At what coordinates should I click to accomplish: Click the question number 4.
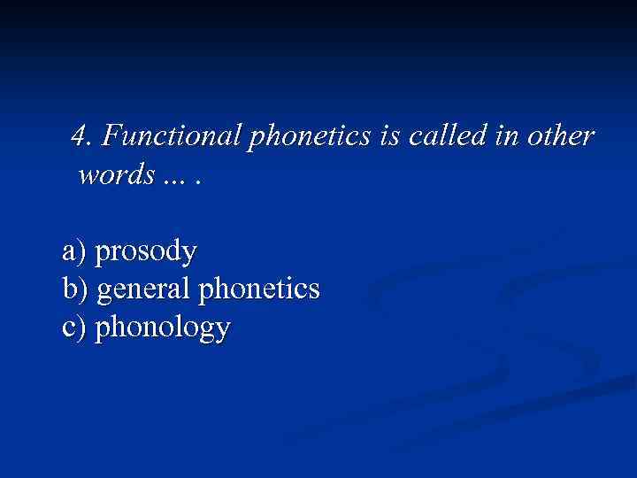pyautogui.click(x=82, y=137)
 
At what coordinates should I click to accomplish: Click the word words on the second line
pyautogui.click(x=114, y=174)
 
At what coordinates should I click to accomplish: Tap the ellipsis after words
pyautogui.click(x=183, y=177)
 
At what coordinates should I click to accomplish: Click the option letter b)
pyautogui.click(x=74, y=289)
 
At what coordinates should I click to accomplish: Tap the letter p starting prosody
pyautogui.click(x=101, y=256)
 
